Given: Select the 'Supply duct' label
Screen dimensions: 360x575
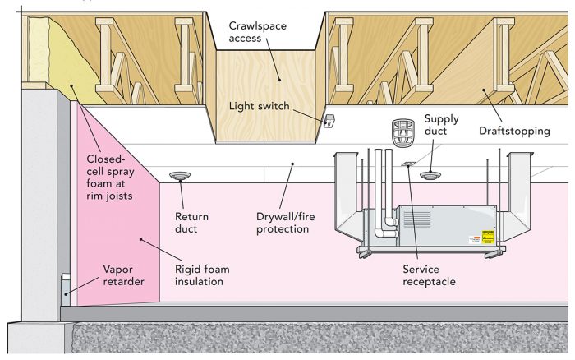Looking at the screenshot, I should click(442, 125).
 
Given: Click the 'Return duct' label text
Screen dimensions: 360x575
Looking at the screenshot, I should click(191, 223).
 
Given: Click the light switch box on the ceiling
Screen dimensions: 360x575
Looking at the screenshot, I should click(329, 121).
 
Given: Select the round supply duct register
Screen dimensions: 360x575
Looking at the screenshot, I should click(430, 174).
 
